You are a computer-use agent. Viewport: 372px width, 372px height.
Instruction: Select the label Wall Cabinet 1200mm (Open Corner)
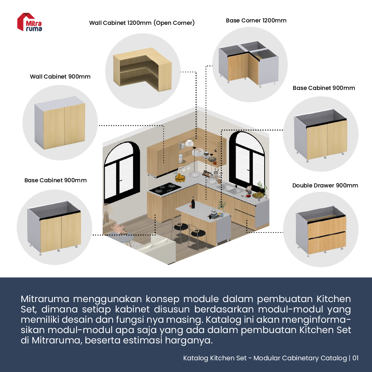pyautogui.click(x=142, y=23)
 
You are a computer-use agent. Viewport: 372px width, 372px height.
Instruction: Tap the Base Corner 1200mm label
pyautogui.click(x=256, y=21)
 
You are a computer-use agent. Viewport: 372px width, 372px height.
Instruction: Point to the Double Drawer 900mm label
pyautogui.click(x=325, y=186)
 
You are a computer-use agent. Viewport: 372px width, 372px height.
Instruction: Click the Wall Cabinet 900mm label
pyautogui.click(x=60, y=77)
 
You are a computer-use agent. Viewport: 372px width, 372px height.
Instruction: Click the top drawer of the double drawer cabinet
pyautogui.click(x=327, y=226)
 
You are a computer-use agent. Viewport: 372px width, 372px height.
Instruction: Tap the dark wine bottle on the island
pyautogui.click(x=193, y=203)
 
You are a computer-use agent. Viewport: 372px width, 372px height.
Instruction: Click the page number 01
pyautogui.click(x=355, y=358)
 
